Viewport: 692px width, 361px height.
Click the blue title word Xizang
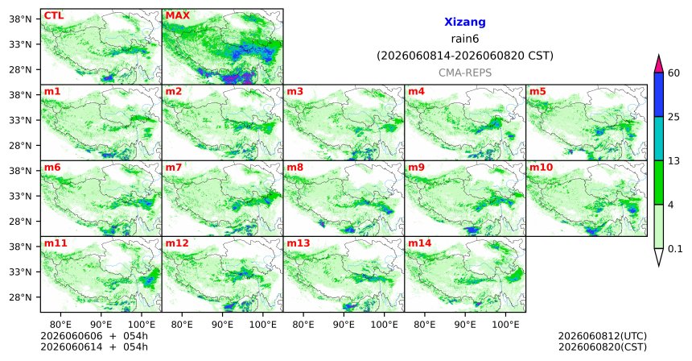click(465, 22)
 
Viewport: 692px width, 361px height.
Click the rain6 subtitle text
click(465, 39)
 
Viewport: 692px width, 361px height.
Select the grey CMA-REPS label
click(465, 73)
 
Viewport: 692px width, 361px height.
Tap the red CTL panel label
click(54, 16)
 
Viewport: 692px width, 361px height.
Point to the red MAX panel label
click(177, 16)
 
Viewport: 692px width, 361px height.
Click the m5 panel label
click(538, 92)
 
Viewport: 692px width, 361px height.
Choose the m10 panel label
click(541, 168)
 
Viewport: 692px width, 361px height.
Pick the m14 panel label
click(419, 243)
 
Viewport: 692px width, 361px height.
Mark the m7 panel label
click(174, 168)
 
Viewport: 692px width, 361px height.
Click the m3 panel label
click(295, 92)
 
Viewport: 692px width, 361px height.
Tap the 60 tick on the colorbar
click(674, 73)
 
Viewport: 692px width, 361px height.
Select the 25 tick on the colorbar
click(674, 117)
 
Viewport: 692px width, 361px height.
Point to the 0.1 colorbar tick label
click(675, 249)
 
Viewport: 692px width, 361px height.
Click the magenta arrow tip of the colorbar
click(659, 56)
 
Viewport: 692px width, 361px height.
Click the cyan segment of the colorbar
click(659, 139)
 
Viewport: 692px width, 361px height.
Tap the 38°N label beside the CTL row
click(20, 19)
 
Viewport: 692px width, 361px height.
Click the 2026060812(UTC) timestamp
click(603, 337)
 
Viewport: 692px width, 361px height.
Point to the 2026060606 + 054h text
click(94, 337)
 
